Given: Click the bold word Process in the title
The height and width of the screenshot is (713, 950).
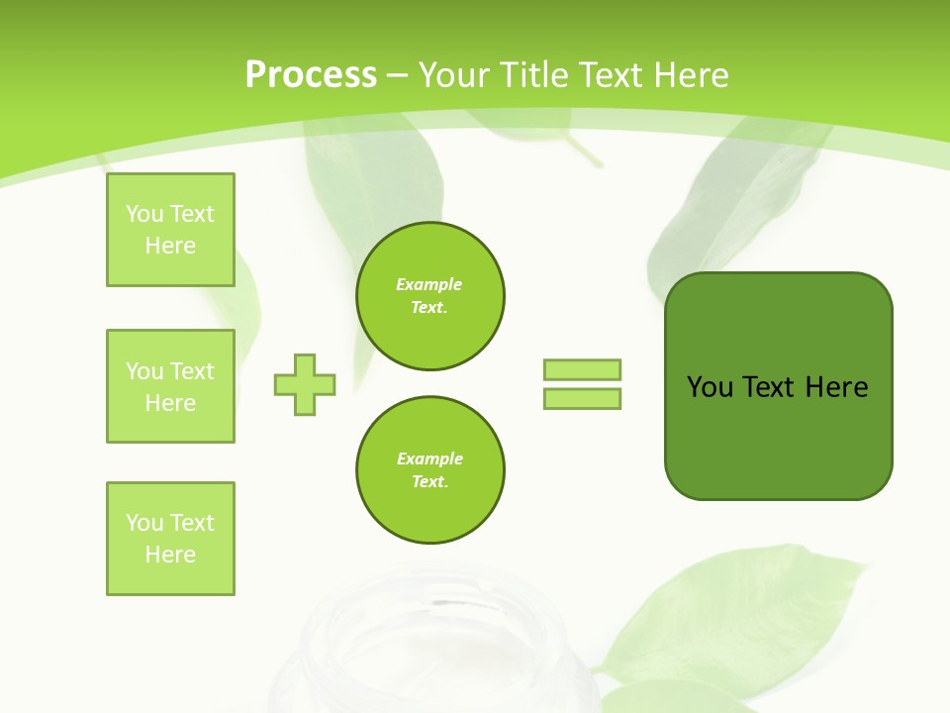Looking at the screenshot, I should tap(311, 75).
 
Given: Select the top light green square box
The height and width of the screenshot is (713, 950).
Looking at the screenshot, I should tap(170, 230).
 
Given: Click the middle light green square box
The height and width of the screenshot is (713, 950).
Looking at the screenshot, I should tap(170, 386).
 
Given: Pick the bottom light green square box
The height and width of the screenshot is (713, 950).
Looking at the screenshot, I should tap(170, 539).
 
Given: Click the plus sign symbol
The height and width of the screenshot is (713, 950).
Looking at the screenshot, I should tap(305, 384).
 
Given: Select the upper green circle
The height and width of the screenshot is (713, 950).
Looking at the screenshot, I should tap(430, 296).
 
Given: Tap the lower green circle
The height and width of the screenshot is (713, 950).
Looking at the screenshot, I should tap(430, 470).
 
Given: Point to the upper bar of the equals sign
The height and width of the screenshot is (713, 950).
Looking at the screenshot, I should tap(582, 369).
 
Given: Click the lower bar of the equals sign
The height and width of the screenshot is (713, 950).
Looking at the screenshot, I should tap(582, 398).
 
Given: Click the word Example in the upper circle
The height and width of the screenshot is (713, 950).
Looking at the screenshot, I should tap(428, 284).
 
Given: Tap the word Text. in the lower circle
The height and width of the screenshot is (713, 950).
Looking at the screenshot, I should tap(429, 482).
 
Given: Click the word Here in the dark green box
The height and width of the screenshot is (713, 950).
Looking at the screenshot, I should tap(836, 387).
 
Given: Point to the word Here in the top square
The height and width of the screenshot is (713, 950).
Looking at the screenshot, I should tap(170, 246).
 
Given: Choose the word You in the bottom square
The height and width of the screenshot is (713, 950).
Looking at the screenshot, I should tap(144, 523).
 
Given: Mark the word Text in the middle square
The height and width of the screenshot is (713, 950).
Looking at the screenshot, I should tap(192, 371).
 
